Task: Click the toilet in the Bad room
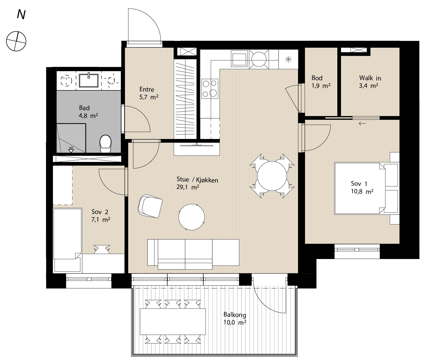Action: [106, 144]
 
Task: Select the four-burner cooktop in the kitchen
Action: [210, 88]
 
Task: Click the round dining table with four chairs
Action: [272, 176]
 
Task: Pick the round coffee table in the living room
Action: [192, 217]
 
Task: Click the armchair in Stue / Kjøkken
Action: [150, 206]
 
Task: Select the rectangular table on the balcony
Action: [173, 321]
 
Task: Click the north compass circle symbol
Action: [16, 41]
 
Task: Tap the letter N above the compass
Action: [21, 15]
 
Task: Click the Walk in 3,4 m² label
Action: [370, 82]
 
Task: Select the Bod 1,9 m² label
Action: [321, 82]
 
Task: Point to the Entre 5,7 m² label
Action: [149, 93]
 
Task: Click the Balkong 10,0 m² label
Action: [235, 318]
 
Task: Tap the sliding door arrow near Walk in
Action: [362, 124]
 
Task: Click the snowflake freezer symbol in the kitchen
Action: [288, 59]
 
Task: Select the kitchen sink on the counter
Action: [239, 59]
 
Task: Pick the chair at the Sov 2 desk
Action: [102, 249]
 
